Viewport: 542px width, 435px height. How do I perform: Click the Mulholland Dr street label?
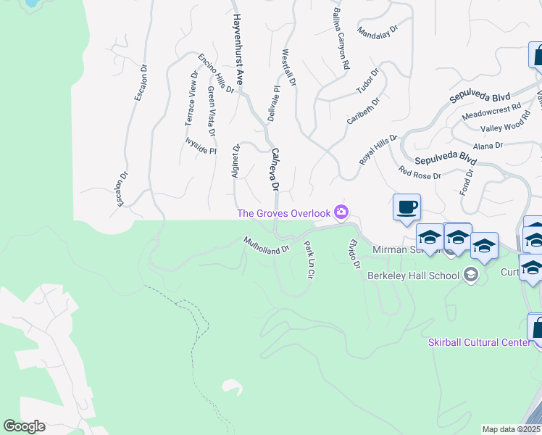[x=266, y=244]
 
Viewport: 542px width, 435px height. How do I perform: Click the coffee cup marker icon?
[x=407, y=207]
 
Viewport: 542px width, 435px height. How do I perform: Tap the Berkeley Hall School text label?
[x=413, y=275]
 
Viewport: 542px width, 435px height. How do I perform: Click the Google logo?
[x=24, y=426]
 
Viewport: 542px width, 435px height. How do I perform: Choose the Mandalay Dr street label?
[x=378, y=32]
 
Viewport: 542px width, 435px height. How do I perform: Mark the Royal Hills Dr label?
[x=378, y=149]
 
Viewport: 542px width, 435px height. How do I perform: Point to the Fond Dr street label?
[x=465, y=181]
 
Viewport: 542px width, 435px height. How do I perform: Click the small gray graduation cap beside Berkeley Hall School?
[x=471, y=274]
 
